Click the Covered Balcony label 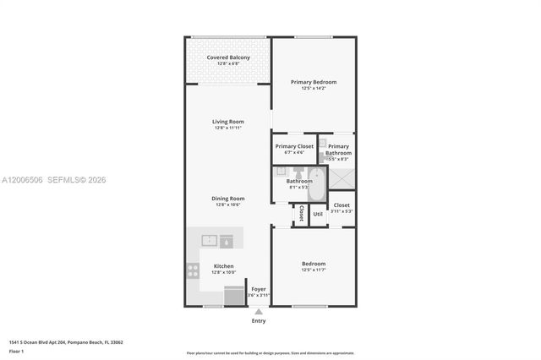[x=228, y=57]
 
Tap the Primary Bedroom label [x=314, y=82]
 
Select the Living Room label [x=228, y=122]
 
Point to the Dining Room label [x=228, y=199]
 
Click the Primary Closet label [x=294, y=146]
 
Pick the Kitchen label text [x=224, y=266]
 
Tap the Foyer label [x=259, y=289]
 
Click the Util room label [x=318, y=214]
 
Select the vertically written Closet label [x=301, y=213]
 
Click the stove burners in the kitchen [x=194, y=271]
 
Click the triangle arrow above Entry [x=259, y=312]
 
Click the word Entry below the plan [x=259, y=321]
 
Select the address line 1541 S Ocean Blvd [x=66, y=342]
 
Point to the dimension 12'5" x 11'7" [x=314, y=270]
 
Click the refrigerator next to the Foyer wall [x=232, y=295]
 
